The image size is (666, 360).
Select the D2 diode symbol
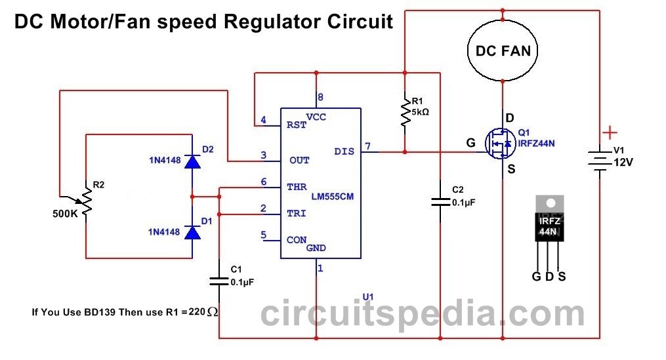[192, 161]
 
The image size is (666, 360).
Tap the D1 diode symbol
[192, 233]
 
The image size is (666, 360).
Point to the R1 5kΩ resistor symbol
[406, 112]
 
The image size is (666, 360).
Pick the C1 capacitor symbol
[219, 281]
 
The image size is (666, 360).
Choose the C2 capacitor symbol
[440, 202]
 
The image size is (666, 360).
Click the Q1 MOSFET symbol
[500, 144]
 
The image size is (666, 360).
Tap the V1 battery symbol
[600, 161]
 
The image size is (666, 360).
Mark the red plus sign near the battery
[610, 133]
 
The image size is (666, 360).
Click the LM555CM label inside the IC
[333, 197]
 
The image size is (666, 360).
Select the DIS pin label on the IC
[344, 151]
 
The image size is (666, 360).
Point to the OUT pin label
[299, 161]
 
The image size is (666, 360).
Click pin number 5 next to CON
[263, 235]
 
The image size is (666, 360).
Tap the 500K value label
[65, 214]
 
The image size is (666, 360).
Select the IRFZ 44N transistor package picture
[550, 233]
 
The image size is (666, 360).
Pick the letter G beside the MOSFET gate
[470, 143]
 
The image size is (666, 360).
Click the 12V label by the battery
[623, 162]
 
